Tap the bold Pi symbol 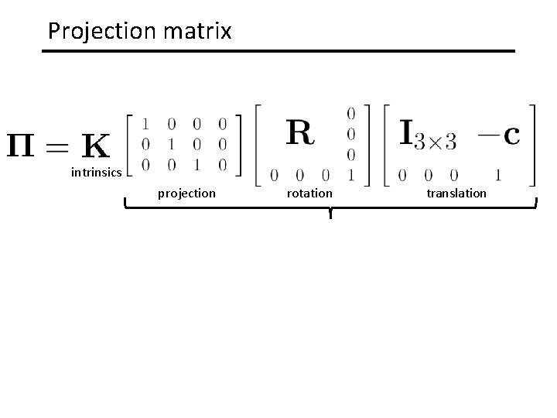pos(27,145)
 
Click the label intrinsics pos(96,172)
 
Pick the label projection pos(186,193)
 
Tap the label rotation pos(309,193)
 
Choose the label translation pos(456,193)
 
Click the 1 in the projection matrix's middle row pos(173,143)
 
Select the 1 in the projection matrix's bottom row pos(197,163)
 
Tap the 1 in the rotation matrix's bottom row pos(351,174)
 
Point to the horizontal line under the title pos(278,51)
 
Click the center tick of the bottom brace pos(330,214)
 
